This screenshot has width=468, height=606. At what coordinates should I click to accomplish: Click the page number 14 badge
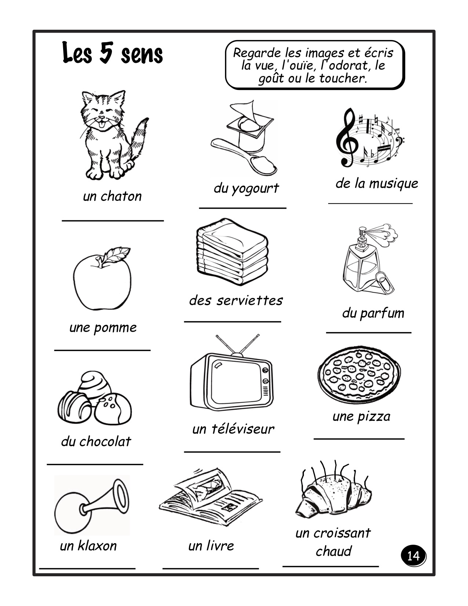[413, 556]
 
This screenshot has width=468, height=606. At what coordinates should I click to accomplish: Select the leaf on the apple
[116, 254]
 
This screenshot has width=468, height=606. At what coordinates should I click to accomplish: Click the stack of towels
[232, 252]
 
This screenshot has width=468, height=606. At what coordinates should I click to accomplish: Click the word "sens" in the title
[142, 54]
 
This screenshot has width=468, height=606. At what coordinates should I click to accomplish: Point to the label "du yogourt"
[246, 189]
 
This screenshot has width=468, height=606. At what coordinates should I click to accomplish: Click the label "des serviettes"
[236, 301]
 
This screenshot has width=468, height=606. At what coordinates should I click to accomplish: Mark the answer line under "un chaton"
[113, 221]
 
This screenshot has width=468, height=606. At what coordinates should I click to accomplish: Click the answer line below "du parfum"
[369, 332]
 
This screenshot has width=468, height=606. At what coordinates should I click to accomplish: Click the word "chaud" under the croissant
[333, 551]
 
